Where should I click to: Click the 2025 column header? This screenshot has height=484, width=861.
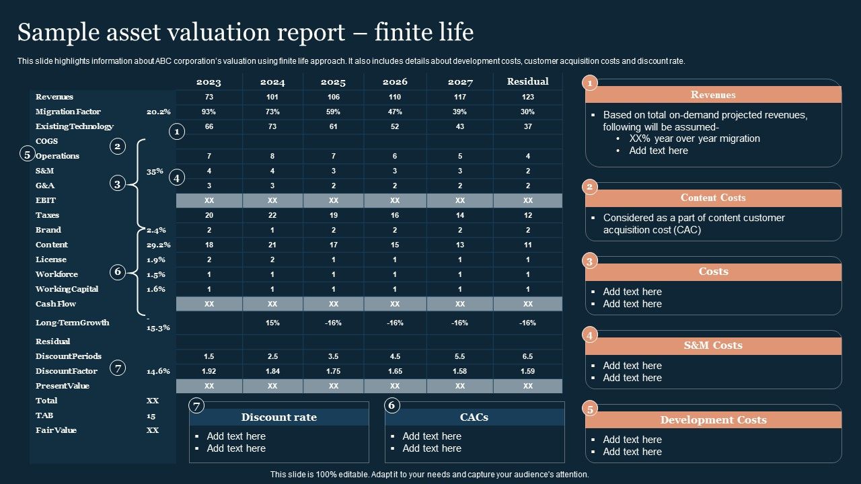pos(333,82)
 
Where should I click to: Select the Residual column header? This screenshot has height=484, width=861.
pos(528,81)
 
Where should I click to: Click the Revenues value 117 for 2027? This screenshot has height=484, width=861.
pos(460,97)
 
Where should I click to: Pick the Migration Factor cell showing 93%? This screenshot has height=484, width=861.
pos(209,112)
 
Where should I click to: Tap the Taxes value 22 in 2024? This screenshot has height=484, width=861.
pos(272,215)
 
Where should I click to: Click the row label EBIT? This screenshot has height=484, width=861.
pos(46,200)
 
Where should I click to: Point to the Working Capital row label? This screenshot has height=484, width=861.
pos(67,289)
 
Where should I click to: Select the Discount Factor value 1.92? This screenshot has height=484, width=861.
pos(209,371)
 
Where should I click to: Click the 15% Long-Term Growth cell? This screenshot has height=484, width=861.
pos(272,323)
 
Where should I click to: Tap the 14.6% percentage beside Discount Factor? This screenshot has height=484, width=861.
pos(158,371)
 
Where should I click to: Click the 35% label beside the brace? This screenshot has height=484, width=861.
pos(155,171)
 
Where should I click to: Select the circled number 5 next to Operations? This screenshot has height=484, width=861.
pos(27,155)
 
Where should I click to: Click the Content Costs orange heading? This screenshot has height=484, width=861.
pos(713,198)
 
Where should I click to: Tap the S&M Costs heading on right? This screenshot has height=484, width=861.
pos(713,346)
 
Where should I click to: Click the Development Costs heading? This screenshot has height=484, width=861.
pos(713,420)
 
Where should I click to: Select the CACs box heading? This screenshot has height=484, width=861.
pos(474,417)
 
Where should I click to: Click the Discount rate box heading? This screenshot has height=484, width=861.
pos(278,417)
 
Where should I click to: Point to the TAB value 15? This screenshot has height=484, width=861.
pos(151,415)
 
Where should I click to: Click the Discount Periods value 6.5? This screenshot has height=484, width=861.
pos(527,356)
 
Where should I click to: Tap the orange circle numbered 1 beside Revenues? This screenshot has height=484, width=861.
pos(590,83)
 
